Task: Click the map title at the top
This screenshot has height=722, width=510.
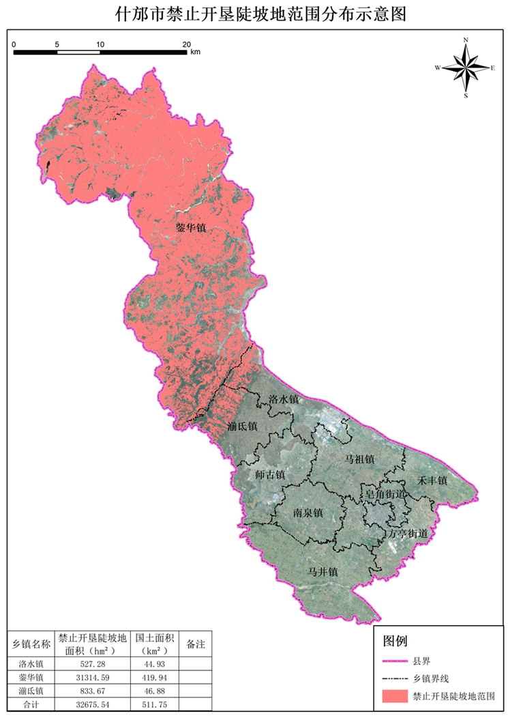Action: (x=255, y=14)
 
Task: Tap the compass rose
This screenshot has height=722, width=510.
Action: (x=466, y=68)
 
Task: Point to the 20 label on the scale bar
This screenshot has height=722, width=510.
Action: (x=187, y=44)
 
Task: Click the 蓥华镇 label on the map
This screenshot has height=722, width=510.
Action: (x=191, y=229)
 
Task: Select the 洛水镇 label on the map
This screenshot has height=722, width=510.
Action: (x=284, y=399)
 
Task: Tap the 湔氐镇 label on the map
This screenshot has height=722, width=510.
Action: (x=242, y=427)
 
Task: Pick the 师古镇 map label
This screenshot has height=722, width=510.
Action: (x=269, y=474)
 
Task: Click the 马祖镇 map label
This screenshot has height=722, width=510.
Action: (x=359, y=459)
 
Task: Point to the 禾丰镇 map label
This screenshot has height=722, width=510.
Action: (x=432, y=481)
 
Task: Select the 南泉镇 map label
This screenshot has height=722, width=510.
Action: (x=307, y=512)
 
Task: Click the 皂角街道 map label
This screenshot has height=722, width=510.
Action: (x=386, y=494)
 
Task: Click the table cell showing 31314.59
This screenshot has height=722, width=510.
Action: (x=93, y=677)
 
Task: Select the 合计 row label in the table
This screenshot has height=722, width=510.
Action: (x=32, y=703)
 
